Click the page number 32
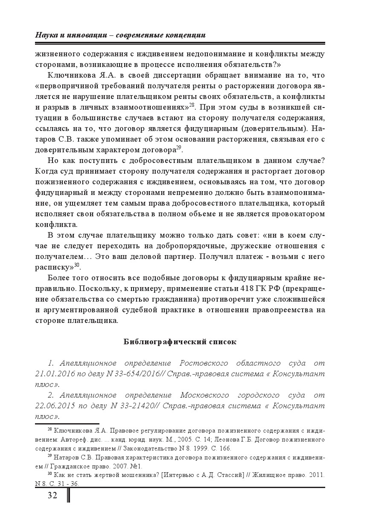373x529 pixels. click(52, 495)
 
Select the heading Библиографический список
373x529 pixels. click(180, 342)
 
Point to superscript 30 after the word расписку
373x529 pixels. click(77, 265)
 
